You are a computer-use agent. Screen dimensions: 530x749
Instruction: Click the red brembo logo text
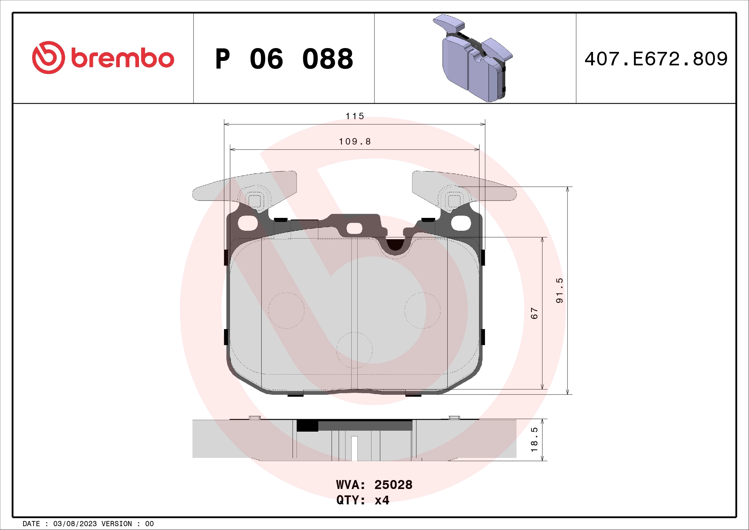(122, 58)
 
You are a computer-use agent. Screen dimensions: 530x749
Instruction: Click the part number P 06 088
(284, 59)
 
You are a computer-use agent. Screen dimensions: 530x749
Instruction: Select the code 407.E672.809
(656, 59)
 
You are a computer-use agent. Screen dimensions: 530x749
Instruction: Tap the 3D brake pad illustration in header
(473, 59)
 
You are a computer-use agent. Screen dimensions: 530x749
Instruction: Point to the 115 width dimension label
(354, 116)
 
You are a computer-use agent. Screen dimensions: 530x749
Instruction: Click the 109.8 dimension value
(354, 142)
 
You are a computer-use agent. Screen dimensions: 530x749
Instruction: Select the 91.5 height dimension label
(559, 290)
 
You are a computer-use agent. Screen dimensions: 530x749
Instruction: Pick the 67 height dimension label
(534, 313)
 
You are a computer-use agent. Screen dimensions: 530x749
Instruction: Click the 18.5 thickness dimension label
(534, 440)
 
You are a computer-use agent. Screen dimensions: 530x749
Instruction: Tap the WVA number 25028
(393, 485)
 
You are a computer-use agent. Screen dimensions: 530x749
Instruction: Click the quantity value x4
(382, 500)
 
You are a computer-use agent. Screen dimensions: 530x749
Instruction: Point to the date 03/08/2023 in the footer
(75, 524)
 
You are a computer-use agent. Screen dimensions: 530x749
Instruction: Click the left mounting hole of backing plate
(248, 223)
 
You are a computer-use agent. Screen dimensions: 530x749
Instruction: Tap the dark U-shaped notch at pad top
(395, 245)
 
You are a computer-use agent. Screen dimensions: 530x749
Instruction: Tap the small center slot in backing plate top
(354, 228)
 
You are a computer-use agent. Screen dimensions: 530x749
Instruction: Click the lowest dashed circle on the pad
(354, 350)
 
